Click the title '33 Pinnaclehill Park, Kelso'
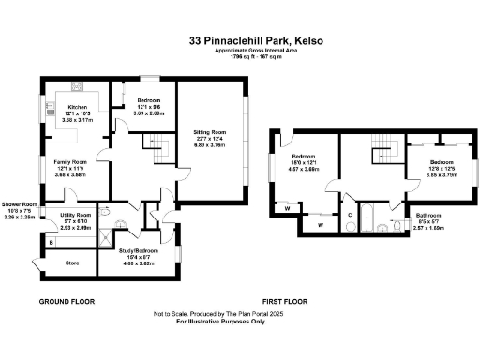coord(254,41)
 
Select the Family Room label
coord(70,165)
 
